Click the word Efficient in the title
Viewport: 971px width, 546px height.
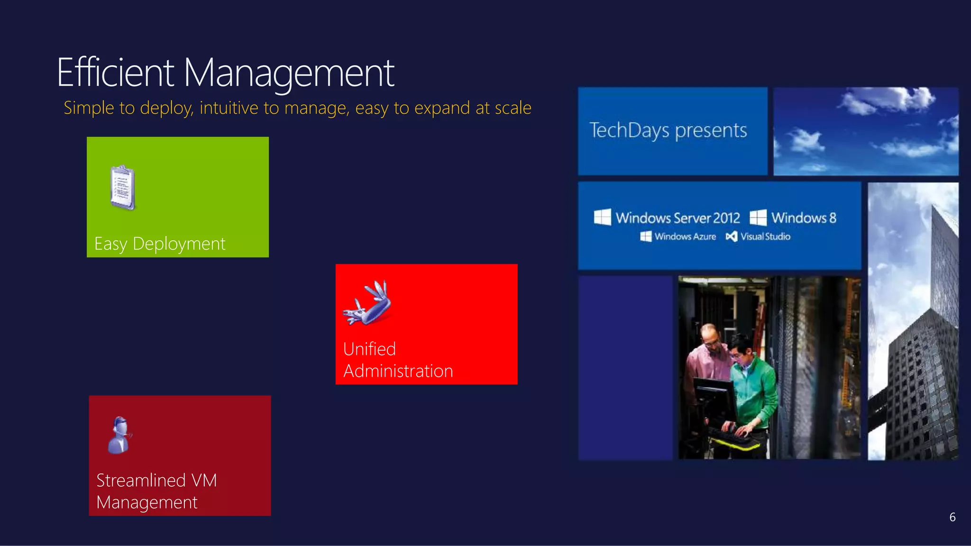click(115, 73)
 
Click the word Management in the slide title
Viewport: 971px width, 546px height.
click(289, 73)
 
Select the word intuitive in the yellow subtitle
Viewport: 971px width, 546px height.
click(229, 108)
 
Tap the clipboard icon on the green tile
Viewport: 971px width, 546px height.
click(123, 188)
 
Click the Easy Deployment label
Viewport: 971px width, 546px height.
click(160, 244)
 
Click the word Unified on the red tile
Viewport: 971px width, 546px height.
click(369, 349)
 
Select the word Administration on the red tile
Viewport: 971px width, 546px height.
click(398, 371)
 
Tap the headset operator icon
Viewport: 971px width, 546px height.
click(119, 435)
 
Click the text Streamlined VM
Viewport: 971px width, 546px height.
click(156, 481)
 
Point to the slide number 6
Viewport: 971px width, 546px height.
click(952, 517)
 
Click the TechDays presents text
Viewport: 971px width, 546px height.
click(668, 131)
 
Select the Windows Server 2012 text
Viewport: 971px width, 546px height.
click(678, 218)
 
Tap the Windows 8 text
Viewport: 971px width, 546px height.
click(804, 218)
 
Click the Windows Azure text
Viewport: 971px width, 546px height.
click(685, 237)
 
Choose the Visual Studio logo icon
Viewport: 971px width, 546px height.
click(731, 237)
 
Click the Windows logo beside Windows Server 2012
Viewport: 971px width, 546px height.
click(602, 218)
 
